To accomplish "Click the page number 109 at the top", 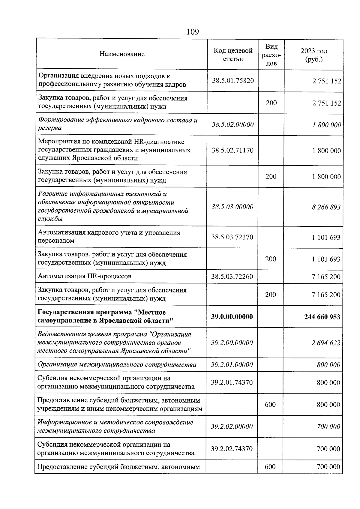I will (193, 32).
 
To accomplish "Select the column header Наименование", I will (122, 54).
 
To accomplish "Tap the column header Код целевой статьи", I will (233, 55).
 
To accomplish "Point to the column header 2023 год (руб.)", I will (314, 55).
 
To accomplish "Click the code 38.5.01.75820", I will (233, 80).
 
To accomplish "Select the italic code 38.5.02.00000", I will (233, 124).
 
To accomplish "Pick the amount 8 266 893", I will (326, 207).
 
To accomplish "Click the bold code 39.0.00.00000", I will (232, 316).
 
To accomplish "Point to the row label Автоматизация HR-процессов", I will (84, 276).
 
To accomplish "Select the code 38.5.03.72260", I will (232, 277).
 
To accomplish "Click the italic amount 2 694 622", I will (326, 343).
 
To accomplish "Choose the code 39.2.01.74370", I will (232, 382).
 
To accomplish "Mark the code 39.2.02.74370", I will (232, 449).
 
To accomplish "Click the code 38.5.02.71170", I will (232, 150).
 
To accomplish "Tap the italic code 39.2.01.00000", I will (232, 365).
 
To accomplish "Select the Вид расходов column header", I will (271, 55).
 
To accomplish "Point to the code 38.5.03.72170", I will (232, 237).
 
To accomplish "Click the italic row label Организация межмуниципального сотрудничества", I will (117, 365).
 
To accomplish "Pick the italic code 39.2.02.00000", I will (232, 427).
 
